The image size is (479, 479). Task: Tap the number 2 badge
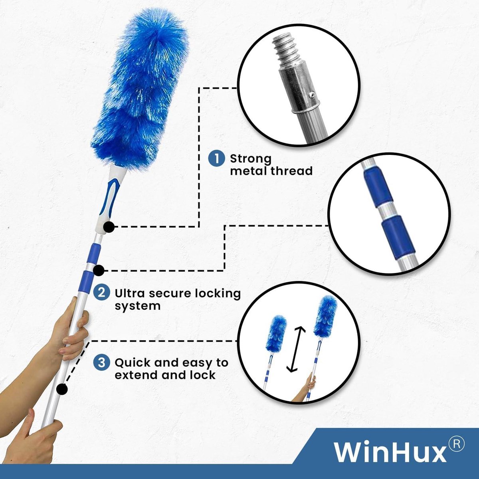101,293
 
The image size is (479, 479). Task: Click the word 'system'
137,306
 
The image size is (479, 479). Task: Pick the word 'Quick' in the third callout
132,363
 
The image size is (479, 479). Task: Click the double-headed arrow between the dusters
296,353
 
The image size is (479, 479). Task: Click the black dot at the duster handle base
109,227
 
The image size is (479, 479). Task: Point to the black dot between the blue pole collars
99,270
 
